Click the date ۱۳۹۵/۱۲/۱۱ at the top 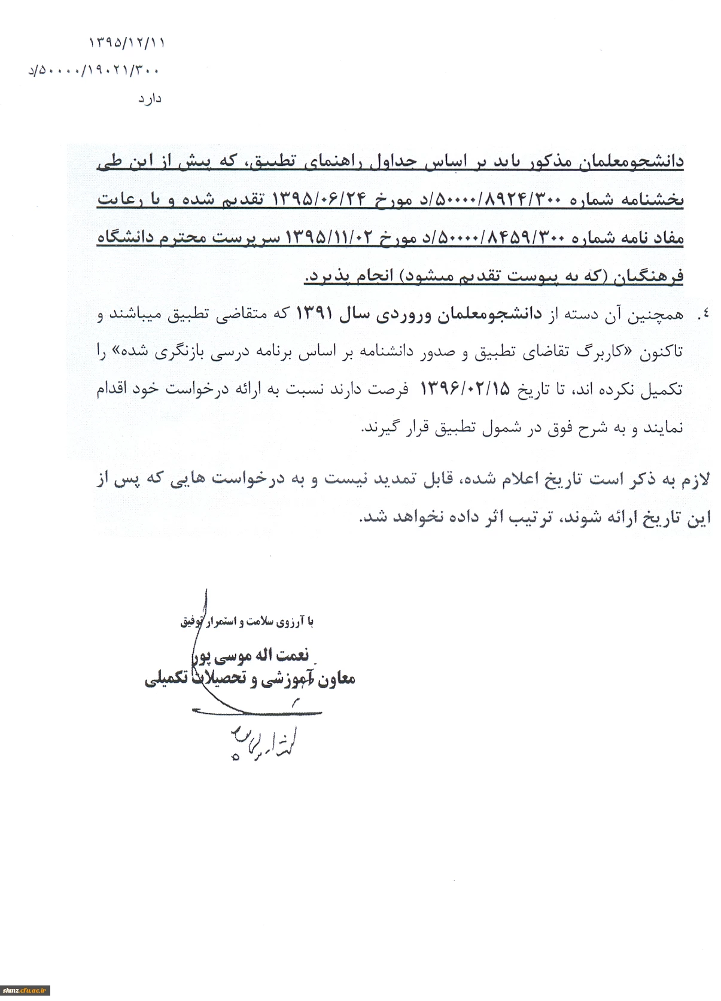pyautogui.click(x=126, y=43)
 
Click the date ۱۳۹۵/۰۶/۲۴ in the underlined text pyautogui.click(x=306, y=200)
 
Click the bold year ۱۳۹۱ pyautogui.click(x=311, y=315)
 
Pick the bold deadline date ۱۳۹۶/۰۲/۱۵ pyautogui.click(x=467, y=390)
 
